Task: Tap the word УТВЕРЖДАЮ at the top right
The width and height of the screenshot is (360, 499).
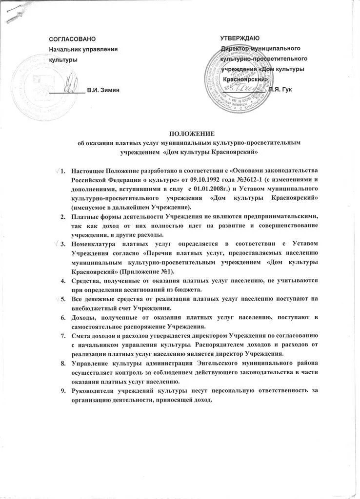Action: [x=240, y=38]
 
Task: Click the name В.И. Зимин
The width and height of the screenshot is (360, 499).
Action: [x=102, y=91]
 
